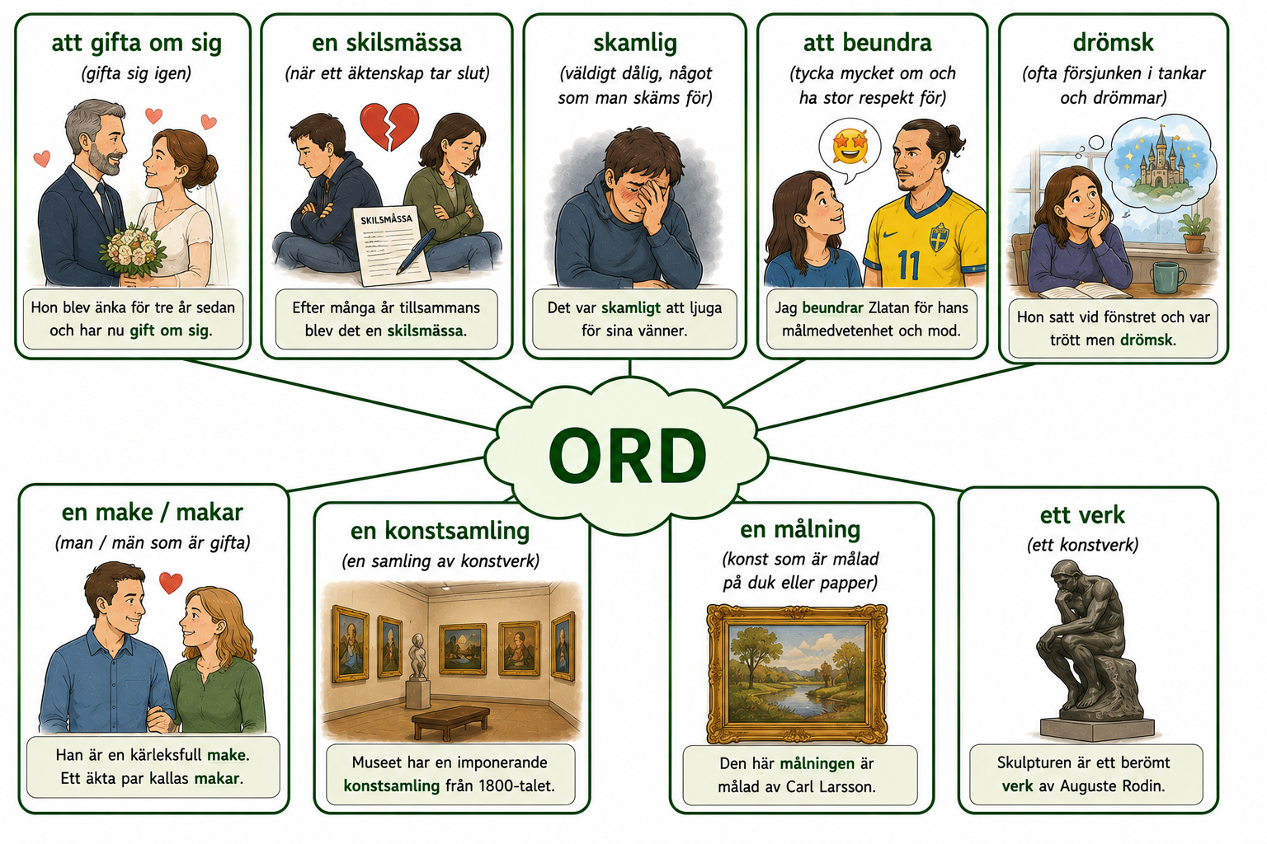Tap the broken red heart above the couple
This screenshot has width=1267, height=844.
389,126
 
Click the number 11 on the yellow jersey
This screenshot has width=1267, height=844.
908,265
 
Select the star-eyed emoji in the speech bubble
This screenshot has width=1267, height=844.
850,147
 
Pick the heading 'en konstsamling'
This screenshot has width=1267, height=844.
440,531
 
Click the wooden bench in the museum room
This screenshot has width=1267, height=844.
451,720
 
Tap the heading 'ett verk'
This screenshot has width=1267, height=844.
1082,515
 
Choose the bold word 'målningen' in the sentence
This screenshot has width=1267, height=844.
817,764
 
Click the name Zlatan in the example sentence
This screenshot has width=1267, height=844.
888,307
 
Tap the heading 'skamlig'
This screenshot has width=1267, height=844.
634,43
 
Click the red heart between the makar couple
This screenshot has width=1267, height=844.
171,582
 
